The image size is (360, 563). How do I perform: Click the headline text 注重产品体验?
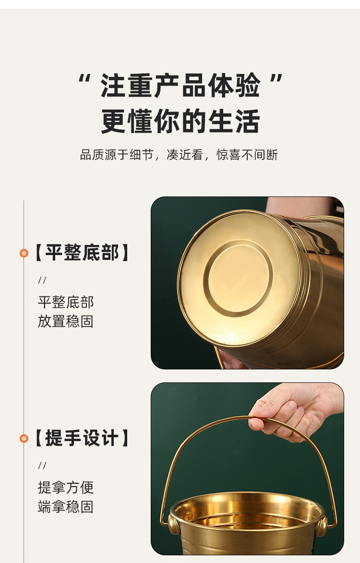click(x=180, y=86)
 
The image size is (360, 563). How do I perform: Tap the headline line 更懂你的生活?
click(x=180, y=121)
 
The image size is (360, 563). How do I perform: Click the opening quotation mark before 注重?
click(x=85, y=80)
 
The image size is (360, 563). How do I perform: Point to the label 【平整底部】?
click(x=82, y=253)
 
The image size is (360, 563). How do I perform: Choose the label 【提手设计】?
click(x=82, y=438)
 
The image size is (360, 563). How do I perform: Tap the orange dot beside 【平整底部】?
click(x=24, y=253)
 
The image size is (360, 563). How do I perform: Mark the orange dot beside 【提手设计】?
click(x=24, y=439)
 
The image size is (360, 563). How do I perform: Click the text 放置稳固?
click(x=66, y=321)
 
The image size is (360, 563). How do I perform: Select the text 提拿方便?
click(x=66, y=488)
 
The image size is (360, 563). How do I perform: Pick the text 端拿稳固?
click(x=66, y=507)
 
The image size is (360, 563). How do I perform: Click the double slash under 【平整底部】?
click(x=42, y=281)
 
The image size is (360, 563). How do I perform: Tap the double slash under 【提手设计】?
click(x=42, y=465)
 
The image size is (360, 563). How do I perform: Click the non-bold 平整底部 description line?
click(x=66, y=302)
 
